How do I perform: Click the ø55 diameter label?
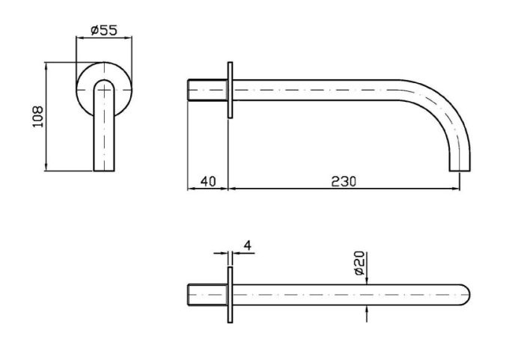(x=104, y=31)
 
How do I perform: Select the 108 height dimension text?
(x=37, y=117)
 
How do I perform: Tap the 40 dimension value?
(x=208, y=182)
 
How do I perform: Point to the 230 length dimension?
(x=344, y=182)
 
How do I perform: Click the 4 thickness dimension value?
(x=247, y=245)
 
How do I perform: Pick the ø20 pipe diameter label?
(x=359, y=263)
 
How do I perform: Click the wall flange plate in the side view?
(x=230, y=90)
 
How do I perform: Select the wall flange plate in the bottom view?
(x=230, y=295)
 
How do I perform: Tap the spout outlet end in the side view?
(x=460, y=170)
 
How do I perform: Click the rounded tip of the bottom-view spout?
(x=466, y=295)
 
